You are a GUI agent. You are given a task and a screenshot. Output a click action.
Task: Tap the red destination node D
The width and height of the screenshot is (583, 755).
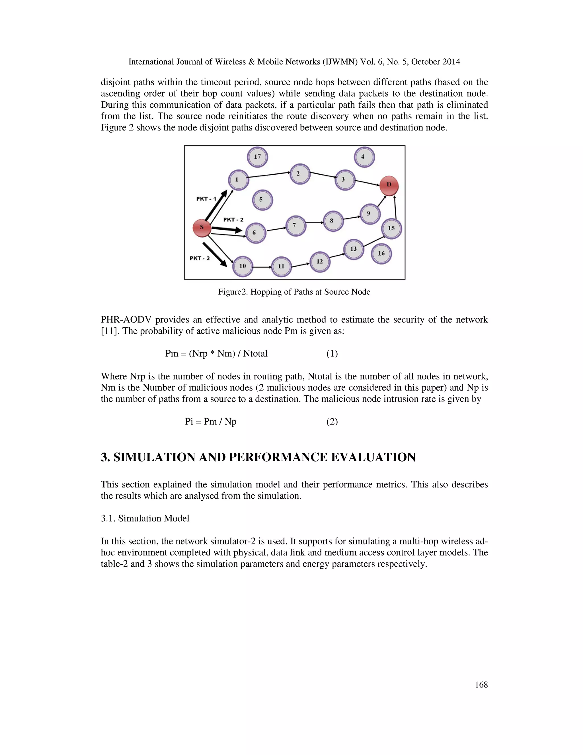389,185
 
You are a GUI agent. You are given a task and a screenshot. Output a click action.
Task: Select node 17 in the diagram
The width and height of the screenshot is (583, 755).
257,157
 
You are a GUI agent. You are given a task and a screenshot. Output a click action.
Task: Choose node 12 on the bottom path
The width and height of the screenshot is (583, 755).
320,262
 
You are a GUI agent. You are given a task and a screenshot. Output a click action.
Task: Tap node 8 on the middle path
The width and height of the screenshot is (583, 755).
333,221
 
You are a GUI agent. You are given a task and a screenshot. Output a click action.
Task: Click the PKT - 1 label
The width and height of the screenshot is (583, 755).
206,199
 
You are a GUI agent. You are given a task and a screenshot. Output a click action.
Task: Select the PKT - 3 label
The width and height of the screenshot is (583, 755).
200,258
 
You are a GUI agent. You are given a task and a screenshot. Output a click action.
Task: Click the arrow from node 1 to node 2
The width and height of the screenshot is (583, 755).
269,175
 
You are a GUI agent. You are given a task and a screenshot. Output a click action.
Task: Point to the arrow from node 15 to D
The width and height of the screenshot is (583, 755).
395,207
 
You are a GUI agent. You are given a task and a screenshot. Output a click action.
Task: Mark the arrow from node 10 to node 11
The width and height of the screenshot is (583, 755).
262,267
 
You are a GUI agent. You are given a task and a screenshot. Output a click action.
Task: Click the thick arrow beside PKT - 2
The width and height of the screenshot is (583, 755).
227,229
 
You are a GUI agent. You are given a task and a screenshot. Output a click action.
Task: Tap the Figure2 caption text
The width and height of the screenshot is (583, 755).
294,292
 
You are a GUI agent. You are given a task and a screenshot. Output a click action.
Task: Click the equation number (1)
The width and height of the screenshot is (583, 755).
332,354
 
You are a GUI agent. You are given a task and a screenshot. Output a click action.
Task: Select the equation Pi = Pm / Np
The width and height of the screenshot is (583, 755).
211,422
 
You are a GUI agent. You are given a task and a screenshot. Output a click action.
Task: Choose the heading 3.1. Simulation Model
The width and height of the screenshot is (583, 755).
145,519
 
